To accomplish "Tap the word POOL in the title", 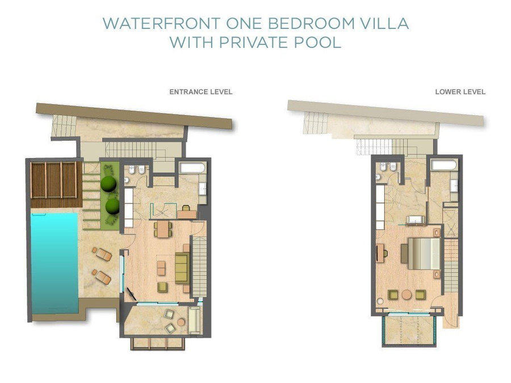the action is (x=318, y=43).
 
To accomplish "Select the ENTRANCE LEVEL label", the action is (x=201, y=92).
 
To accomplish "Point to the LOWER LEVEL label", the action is (x=460, y=92).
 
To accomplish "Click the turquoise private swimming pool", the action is (x=55, y=263).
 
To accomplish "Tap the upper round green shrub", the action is (x=108, y=184).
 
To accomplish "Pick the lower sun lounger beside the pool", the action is (x=102, y=276).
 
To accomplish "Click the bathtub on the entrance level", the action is (x=192, y=168).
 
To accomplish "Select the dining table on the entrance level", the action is (x=163, y=229).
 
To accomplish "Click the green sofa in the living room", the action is (x=182, y=268).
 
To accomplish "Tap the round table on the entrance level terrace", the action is (x=181, y=322).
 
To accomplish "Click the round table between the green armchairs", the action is (x=407, y=294).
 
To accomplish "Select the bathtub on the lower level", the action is (x=444, y=165).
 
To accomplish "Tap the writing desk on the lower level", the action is (x=380, y=252).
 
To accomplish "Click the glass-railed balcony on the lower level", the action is (x=409, y=330).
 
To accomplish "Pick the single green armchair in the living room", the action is (x=162, y=287).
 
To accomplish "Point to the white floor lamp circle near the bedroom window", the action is (x=380, y=301).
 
